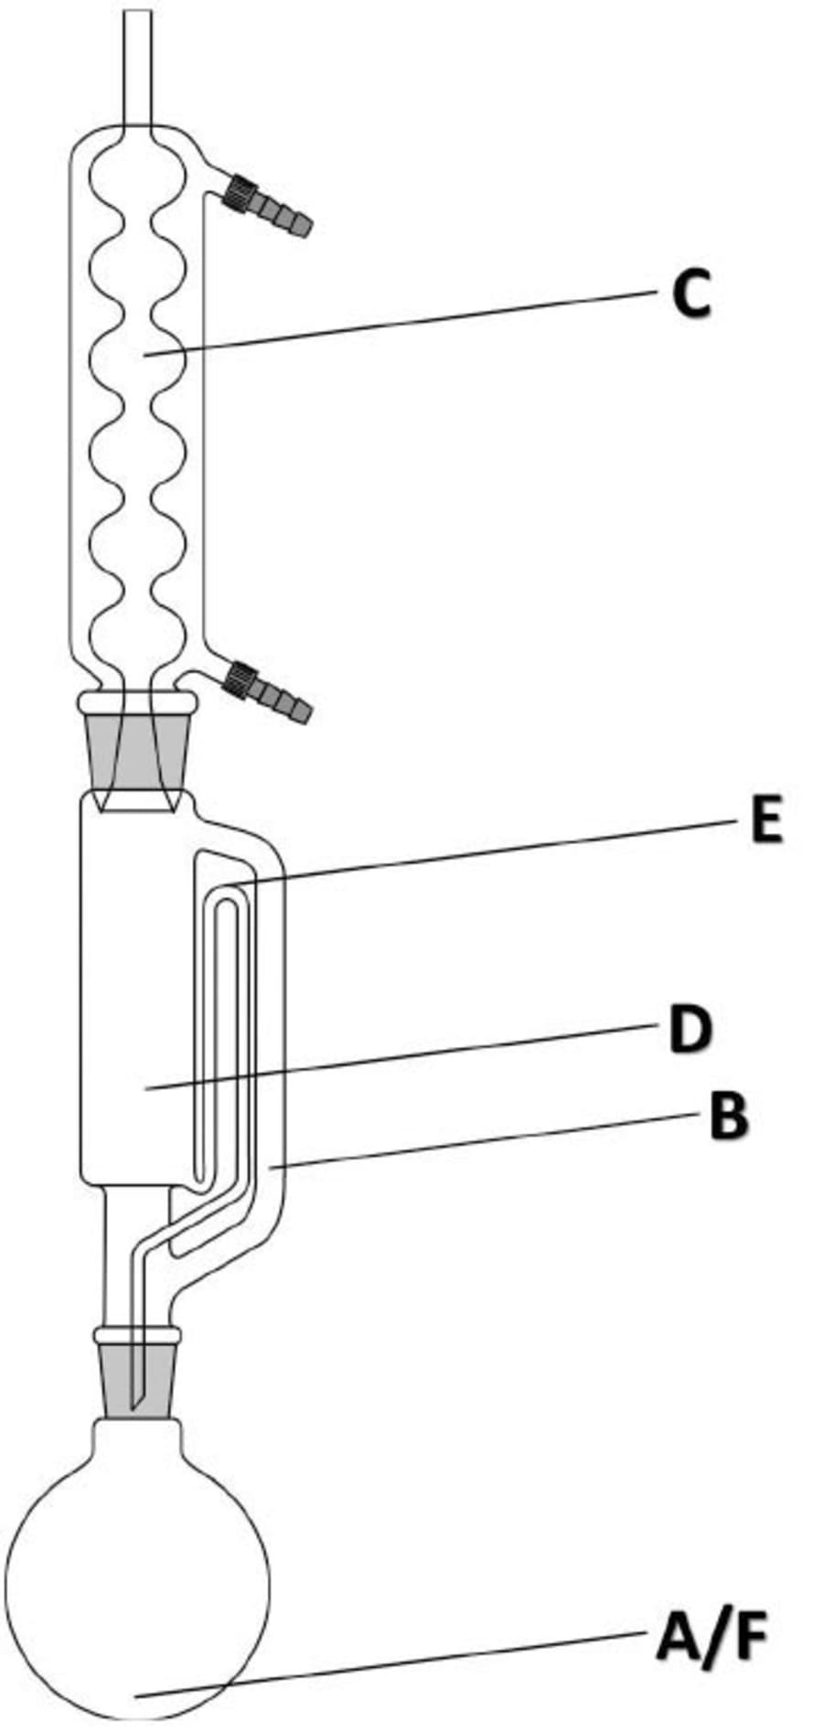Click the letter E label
click(766, 820)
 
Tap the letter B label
click(729, 1117)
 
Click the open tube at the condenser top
click(137, 64)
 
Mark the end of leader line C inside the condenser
click(144, 354)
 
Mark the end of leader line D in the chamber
click(146, 1088)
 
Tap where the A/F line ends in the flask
click(137, 1696)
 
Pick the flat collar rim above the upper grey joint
click(137, 701)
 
